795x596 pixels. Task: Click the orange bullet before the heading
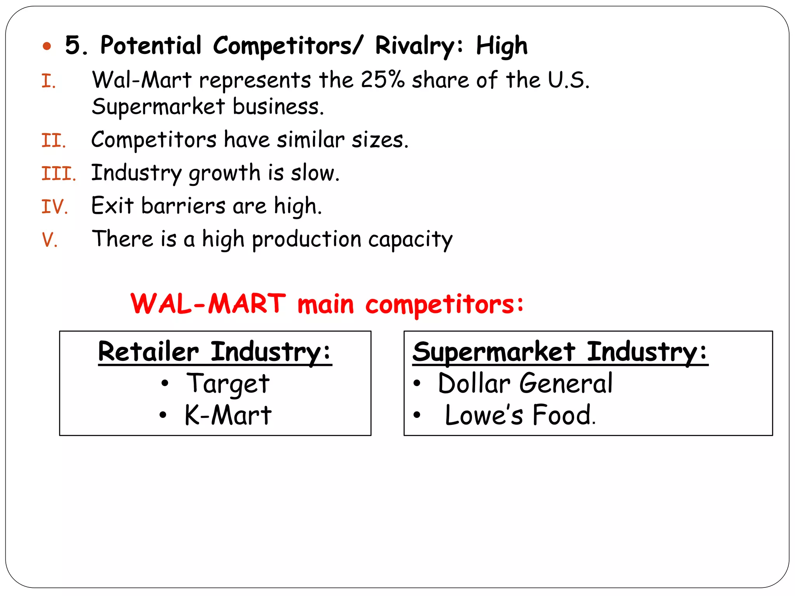tap(47, 47)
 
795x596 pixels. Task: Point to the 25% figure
tap(382, 80)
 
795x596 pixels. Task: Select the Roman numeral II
tap(54, 141)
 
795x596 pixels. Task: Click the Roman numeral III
tap(58, 174)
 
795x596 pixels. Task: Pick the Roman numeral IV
tap(55, 207)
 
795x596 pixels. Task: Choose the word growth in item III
tap(224, 173)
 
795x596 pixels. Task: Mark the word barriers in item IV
tap(183, 206)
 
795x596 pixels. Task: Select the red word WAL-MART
tap(208, 304)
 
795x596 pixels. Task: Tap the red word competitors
tap(444, 305)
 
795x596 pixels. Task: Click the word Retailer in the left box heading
tap(148, 352)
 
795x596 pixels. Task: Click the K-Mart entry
tap(228, 416)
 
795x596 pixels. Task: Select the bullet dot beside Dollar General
tap(417, 384)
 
